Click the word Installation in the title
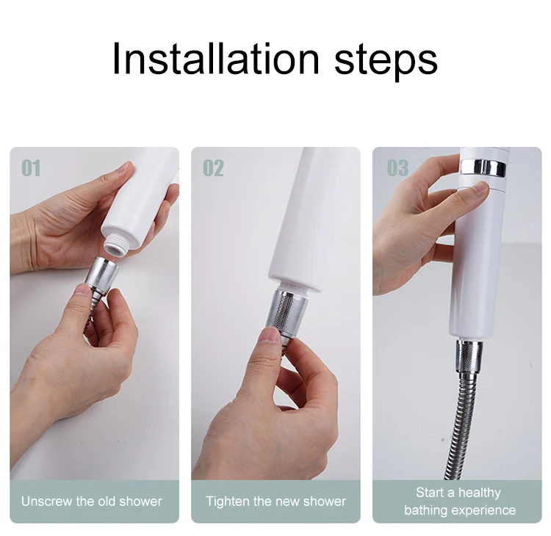point(216,58)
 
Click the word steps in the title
point(386,62)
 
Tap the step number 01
point(32,168)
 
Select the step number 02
point(213,168)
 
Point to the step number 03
point(397,168)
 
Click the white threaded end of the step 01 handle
point(115,245)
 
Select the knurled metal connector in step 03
point(468,355)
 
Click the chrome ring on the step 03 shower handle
point(483,167)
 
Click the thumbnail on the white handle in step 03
point(480,189)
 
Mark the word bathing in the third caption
point(425,511)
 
